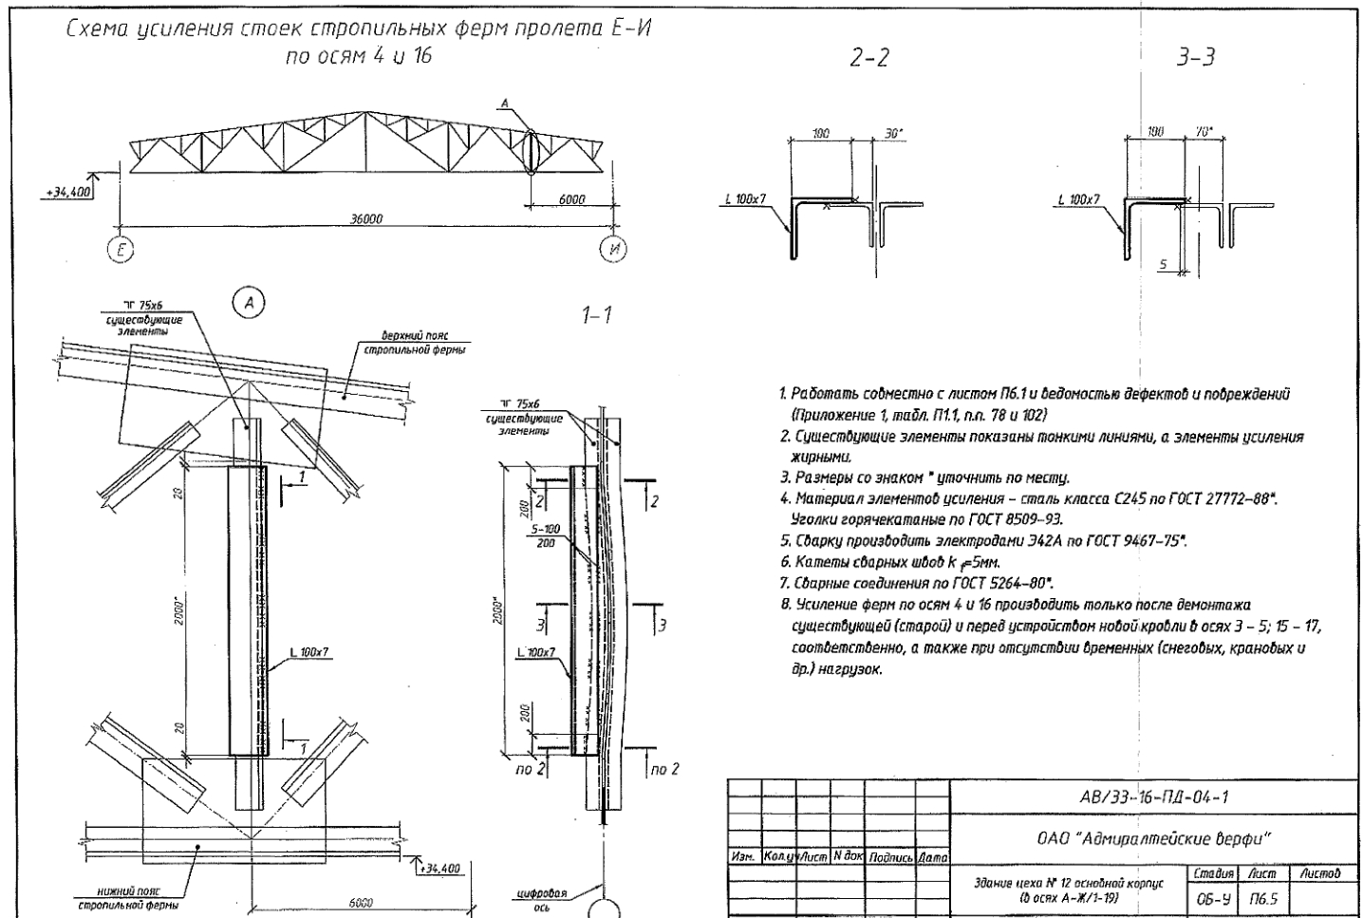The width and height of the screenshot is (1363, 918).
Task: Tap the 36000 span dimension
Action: (367, 219)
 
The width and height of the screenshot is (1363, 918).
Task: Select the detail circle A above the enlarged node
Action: (250, 303)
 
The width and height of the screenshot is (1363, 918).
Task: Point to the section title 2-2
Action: (868, 58)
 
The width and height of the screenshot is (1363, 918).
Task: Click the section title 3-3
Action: (1195, 58)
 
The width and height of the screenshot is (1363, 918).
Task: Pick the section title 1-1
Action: (596, 315)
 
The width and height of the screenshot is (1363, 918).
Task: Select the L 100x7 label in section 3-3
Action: (1077, 200)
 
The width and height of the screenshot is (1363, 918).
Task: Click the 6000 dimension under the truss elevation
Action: (571, 199)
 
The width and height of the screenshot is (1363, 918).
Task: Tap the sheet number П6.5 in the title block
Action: (1261, 897)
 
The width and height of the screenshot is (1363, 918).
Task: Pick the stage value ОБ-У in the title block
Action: (1214, 897)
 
